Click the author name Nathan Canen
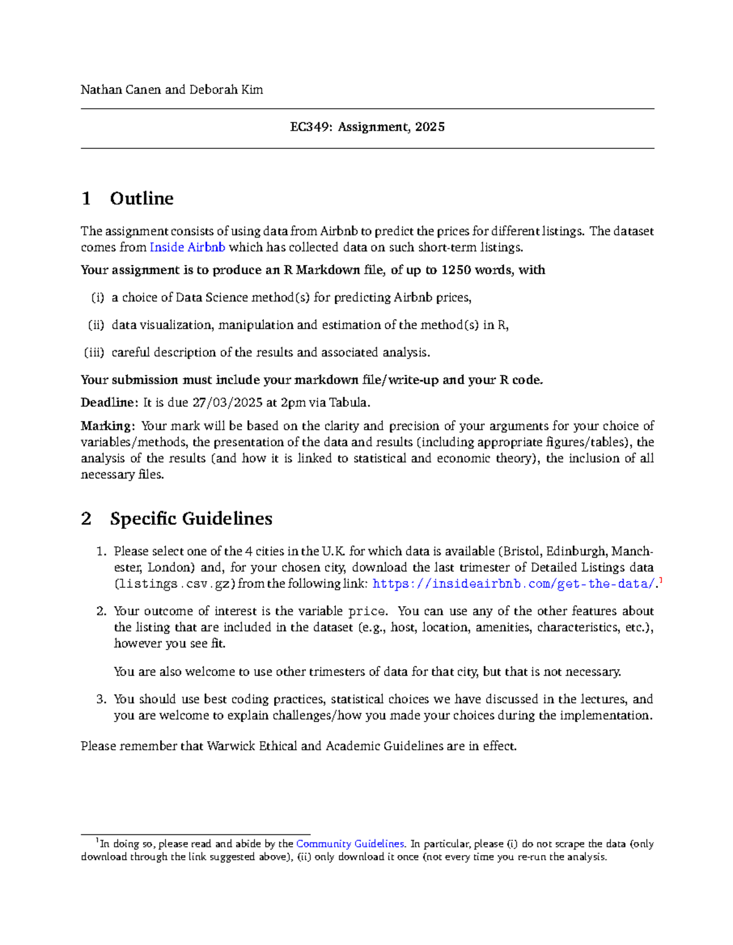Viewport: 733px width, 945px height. coord(121,90)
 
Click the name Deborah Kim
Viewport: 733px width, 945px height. coord(226,90)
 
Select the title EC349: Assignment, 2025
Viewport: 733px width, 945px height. coord(367,127)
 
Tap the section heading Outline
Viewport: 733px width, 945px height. coord(142,198)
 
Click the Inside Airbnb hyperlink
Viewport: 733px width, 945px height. coord(188,247)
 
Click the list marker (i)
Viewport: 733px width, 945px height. coord(98,298)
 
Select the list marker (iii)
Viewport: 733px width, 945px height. coord(94,353)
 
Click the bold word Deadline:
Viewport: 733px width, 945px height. coord(109,403)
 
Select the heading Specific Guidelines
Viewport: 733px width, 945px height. coord(191,518)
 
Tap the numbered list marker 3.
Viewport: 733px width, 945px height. coord(101,700)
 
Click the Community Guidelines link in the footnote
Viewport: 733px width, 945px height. coord(350,844)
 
